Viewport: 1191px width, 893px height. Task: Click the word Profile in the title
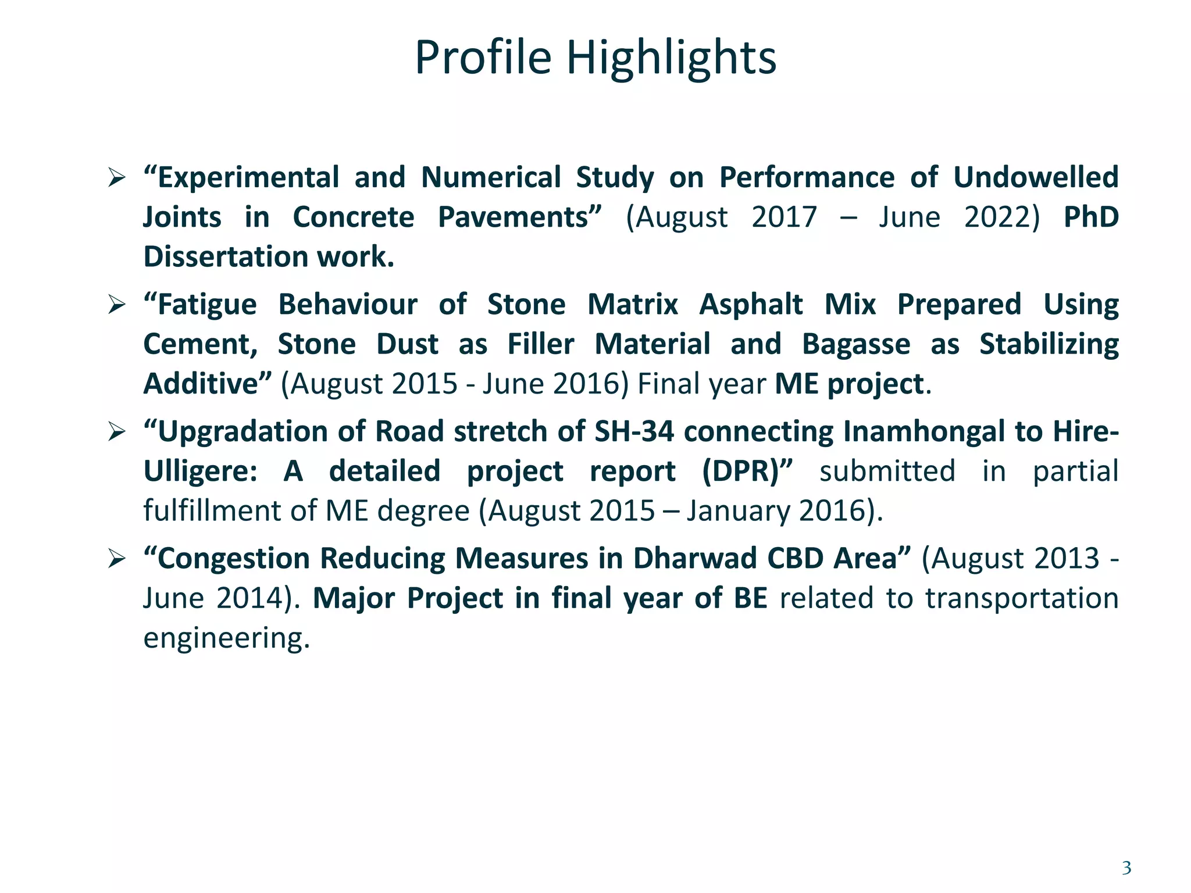483,58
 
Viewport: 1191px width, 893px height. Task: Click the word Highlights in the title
671,58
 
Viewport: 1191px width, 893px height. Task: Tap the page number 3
1126,868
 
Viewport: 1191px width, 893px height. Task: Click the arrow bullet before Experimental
117,177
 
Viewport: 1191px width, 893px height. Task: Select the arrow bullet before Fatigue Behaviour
117,305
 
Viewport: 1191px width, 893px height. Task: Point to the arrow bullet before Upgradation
117,432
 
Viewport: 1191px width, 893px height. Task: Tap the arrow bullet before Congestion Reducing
117,559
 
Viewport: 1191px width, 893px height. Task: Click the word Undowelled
1036,177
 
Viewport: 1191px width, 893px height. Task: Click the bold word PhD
1091,217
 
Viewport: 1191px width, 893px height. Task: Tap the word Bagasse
856,344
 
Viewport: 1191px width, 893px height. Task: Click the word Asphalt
751,305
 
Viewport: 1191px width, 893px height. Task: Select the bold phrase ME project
850,384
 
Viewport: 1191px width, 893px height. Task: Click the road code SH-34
634,432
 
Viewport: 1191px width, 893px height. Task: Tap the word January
738,511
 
